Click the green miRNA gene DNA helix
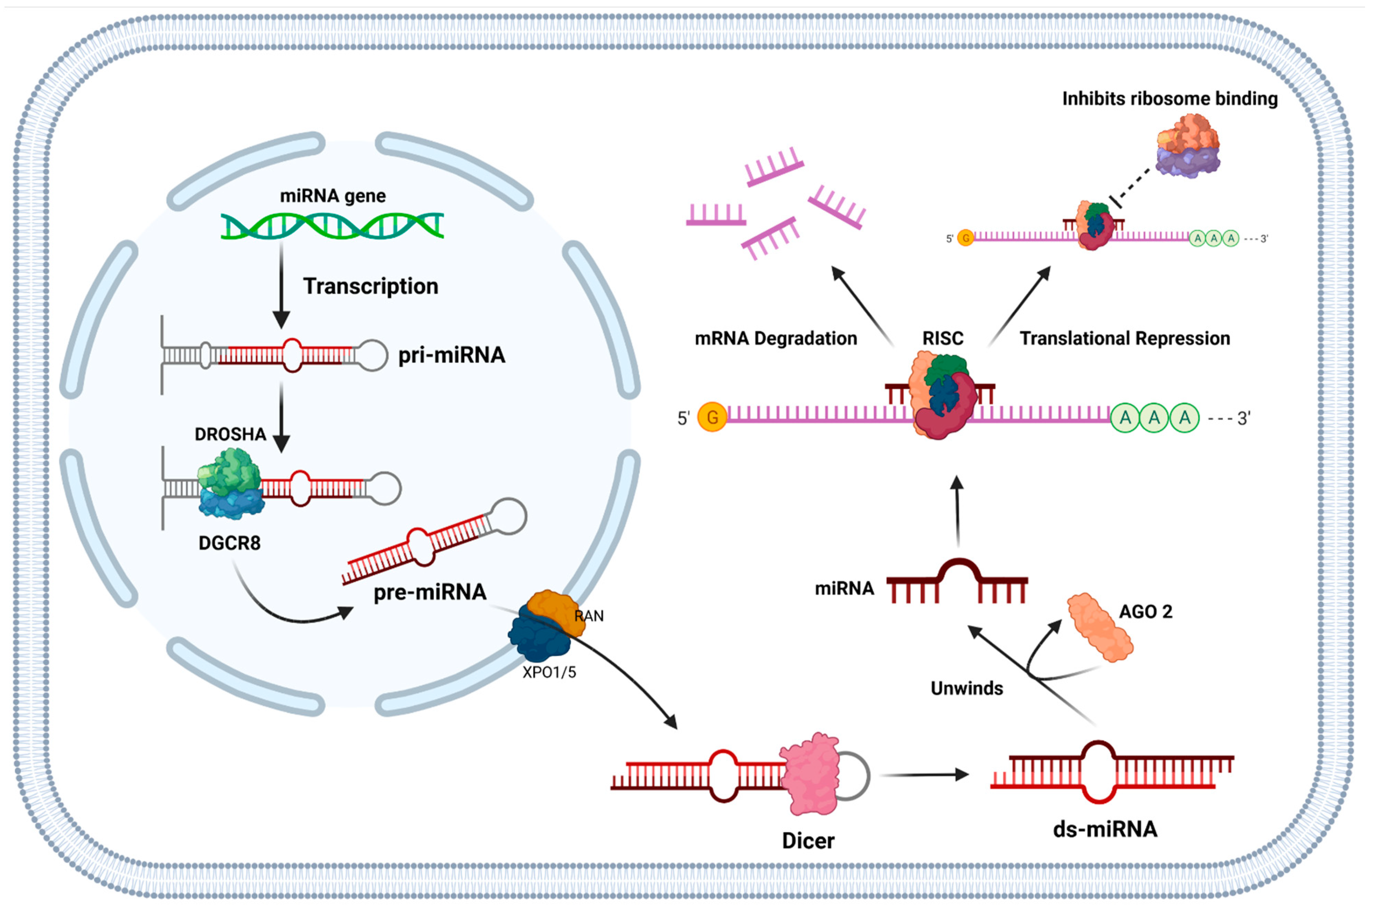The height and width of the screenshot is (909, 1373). (x=332, y=226)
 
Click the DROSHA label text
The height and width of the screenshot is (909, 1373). (x=230, y=434)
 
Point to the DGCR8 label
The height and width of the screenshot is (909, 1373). (x=229, y=543)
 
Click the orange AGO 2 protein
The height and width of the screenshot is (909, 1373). (x=1100, y=627)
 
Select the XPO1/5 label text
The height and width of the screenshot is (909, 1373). (x=549, y=672)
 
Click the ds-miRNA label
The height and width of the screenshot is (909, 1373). (x=1105, y=829)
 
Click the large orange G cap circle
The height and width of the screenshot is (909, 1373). (x=712, y=417)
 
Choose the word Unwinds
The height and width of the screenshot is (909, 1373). (x=966, y=688)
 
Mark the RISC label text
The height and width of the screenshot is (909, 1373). (x=943, y=338)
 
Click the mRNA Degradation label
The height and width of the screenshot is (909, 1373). (x=775, y=338)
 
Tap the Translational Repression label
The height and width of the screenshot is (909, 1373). (x=1125, y=338)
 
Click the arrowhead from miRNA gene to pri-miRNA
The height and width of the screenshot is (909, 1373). (x=281, y=319)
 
